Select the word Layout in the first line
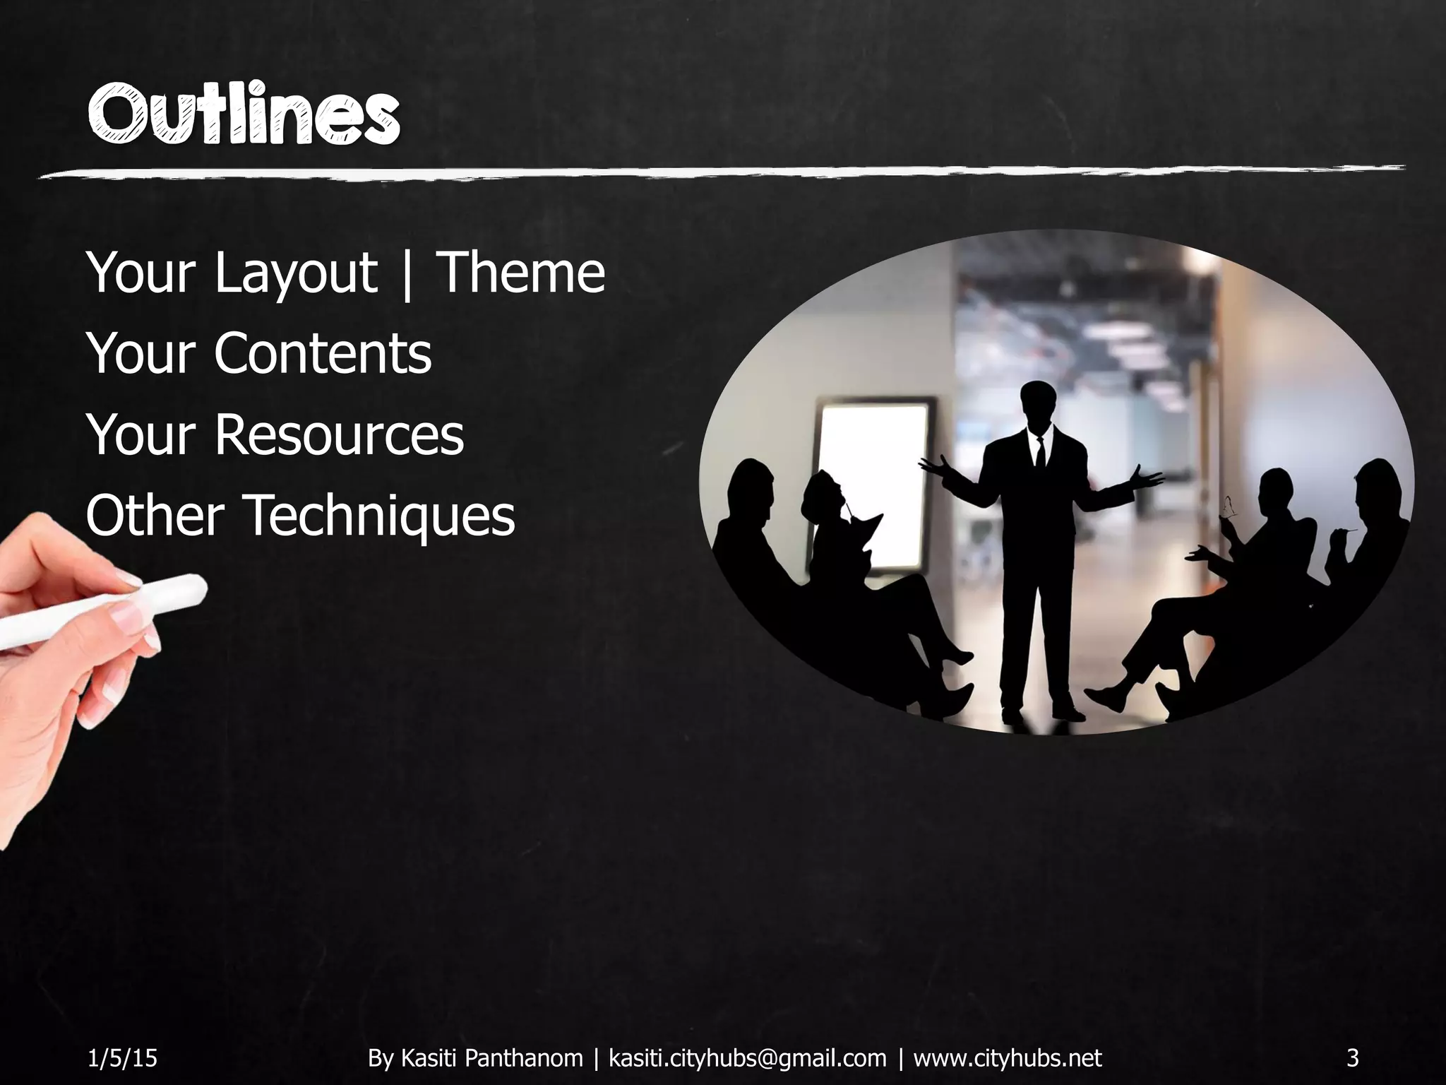[x=296, y=273]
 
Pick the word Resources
[x=339, y=434]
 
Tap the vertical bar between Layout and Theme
[x=407, y=273]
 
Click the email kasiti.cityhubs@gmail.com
[x=747, y=1057]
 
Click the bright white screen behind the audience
[x=873, y=480]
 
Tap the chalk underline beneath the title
[x=720, y=172]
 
